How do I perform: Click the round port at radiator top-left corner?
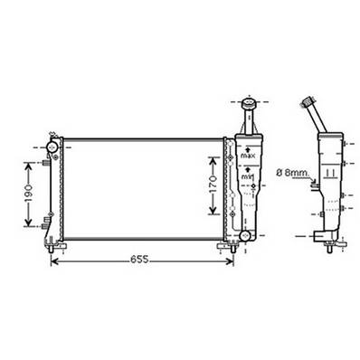coord(52,145)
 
